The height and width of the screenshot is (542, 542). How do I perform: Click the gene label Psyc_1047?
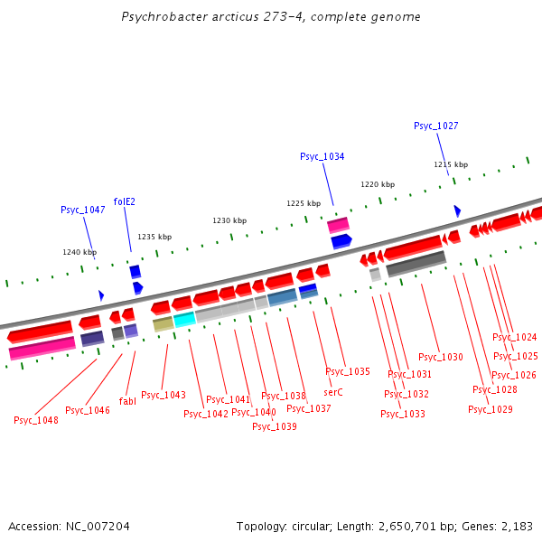pyautogui.click(x=83, y=210)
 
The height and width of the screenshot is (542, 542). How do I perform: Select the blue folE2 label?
pyautogui.click(x=125, y=201)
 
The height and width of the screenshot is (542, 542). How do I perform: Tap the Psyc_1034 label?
pyautogui.click(x=322, y=156)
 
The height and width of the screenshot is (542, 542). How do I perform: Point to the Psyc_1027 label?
pyautogui.click(x=436, y=126)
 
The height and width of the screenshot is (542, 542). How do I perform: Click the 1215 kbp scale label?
pyautogui.click(x=451, y=164)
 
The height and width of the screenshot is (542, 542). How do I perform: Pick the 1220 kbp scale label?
pyautogui.click(x=378, y=184)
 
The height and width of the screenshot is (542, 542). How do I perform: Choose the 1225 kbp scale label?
pyautogui.click(x=304, y=203)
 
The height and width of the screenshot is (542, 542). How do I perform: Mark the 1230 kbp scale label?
pyautogui.click(x=229, y=220)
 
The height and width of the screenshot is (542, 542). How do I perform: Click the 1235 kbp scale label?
pyautogui.click(x=154, y=237)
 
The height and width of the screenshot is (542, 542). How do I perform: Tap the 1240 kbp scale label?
pyautogui.click(x=79, y=252)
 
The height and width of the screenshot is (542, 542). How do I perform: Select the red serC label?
pyautogui.click(x=333, y=392)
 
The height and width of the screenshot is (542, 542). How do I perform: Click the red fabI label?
pyautogui.click(x=127, y=401)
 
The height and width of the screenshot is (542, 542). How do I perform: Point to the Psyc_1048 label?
pyautogui.click(x=36, y=420)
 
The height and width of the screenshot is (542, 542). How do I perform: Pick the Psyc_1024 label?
pyautogui.click(x=515, y=337)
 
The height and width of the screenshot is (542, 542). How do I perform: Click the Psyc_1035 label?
pyautogui.click(x=348, y=371)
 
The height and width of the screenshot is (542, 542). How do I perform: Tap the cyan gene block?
pyautogui.click(x=184, y=319)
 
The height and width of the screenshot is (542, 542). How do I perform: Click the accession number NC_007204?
pyautogui.click(x=99, y=526)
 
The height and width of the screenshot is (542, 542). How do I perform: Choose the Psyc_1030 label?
pyautogui.click(x=441, y=357)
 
